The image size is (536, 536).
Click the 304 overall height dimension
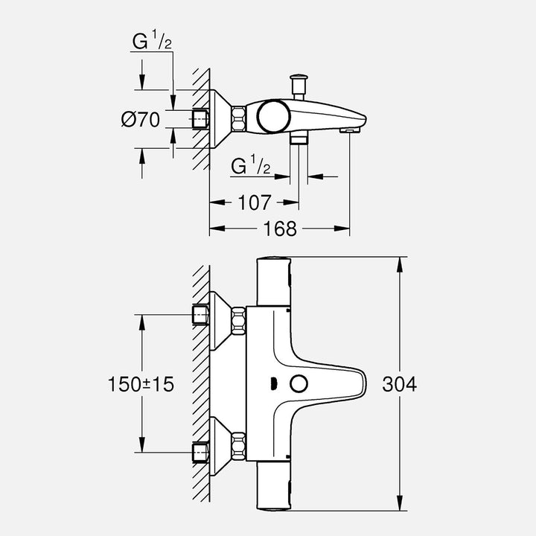click(399, 384)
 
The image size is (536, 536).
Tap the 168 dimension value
click(281, 229)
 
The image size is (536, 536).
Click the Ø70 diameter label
click(141, 119)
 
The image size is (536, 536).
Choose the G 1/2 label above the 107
click(249, 166)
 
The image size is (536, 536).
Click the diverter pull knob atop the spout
click(300, 78)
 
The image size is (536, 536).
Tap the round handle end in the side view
click(271, 116)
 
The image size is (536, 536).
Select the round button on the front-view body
click(299, 384)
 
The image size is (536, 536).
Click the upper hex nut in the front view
click(238, 320)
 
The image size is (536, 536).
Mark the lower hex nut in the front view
click(238, 447)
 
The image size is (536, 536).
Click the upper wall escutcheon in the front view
click(218, 320)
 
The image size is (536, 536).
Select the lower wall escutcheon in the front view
click(218, 447)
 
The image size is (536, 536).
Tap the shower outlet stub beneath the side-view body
click(299, 139)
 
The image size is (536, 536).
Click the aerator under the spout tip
click(348, 131)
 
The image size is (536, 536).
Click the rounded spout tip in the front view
click(359, 383)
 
